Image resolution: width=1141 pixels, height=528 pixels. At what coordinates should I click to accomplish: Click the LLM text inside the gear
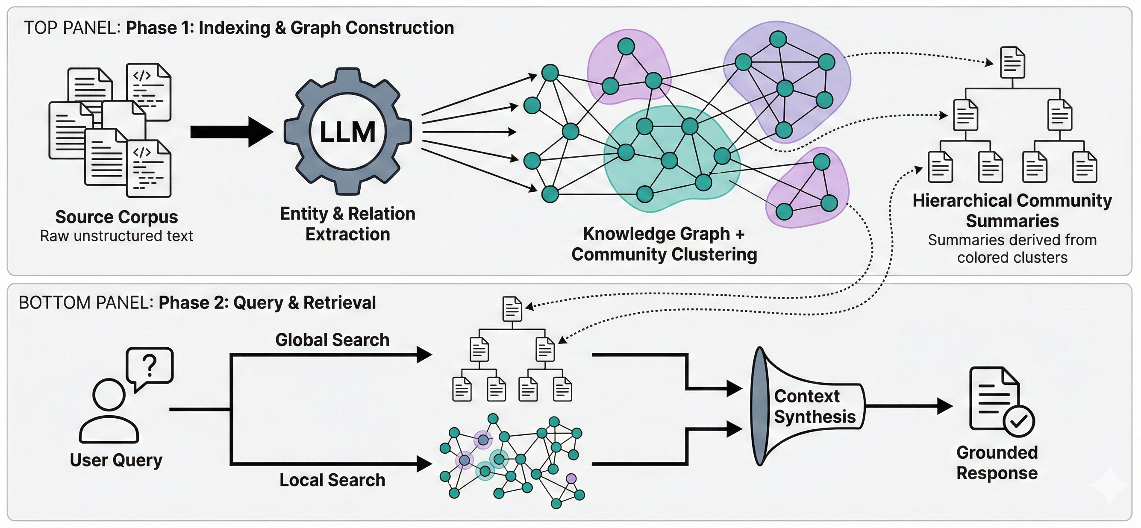(347, 132)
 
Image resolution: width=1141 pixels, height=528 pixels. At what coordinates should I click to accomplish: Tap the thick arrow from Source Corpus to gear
(230, 132)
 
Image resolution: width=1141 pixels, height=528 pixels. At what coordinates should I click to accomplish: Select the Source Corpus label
(117, 217)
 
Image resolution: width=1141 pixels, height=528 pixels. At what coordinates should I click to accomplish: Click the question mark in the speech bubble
(150, 366)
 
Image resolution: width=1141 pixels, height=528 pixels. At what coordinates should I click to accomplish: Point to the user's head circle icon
(109, 394)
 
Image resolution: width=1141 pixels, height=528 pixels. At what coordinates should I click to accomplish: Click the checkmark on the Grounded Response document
(1019, 421)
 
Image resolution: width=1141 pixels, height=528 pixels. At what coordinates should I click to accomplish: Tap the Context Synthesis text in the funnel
(814, 407)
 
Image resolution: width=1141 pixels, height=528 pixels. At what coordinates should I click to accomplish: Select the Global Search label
(332, 340)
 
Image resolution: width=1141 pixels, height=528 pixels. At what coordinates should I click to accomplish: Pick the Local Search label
(332, 480)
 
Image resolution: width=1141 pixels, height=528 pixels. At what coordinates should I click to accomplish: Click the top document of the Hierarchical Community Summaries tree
(1012, 62)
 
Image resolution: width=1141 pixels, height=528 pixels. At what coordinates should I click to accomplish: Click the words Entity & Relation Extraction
(348, 224)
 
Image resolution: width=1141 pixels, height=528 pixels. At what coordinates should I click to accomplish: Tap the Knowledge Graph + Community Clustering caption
(664, 243)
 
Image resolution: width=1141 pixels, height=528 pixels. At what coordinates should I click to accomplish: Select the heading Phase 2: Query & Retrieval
(267, 303)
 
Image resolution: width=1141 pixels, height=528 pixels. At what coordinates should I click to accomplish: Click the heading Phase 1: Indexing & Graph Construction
(290, 28)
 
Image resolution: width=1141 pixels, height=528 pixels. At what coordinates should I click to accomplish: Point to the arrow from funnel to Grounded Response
(908, 406)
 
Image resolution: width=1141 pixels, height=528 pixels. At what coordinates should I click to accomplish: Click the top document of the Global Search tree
(512, 309)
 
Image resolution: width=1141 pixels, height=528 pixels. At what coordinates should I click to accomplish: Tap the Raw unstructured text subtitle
(117, 236)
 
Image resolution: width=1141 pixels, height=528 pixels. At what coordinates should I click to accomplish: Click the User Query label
(116, 460)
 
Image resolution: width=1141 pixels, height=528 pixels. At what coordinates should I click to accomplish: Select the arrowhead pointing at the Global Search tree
(424, 355)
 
